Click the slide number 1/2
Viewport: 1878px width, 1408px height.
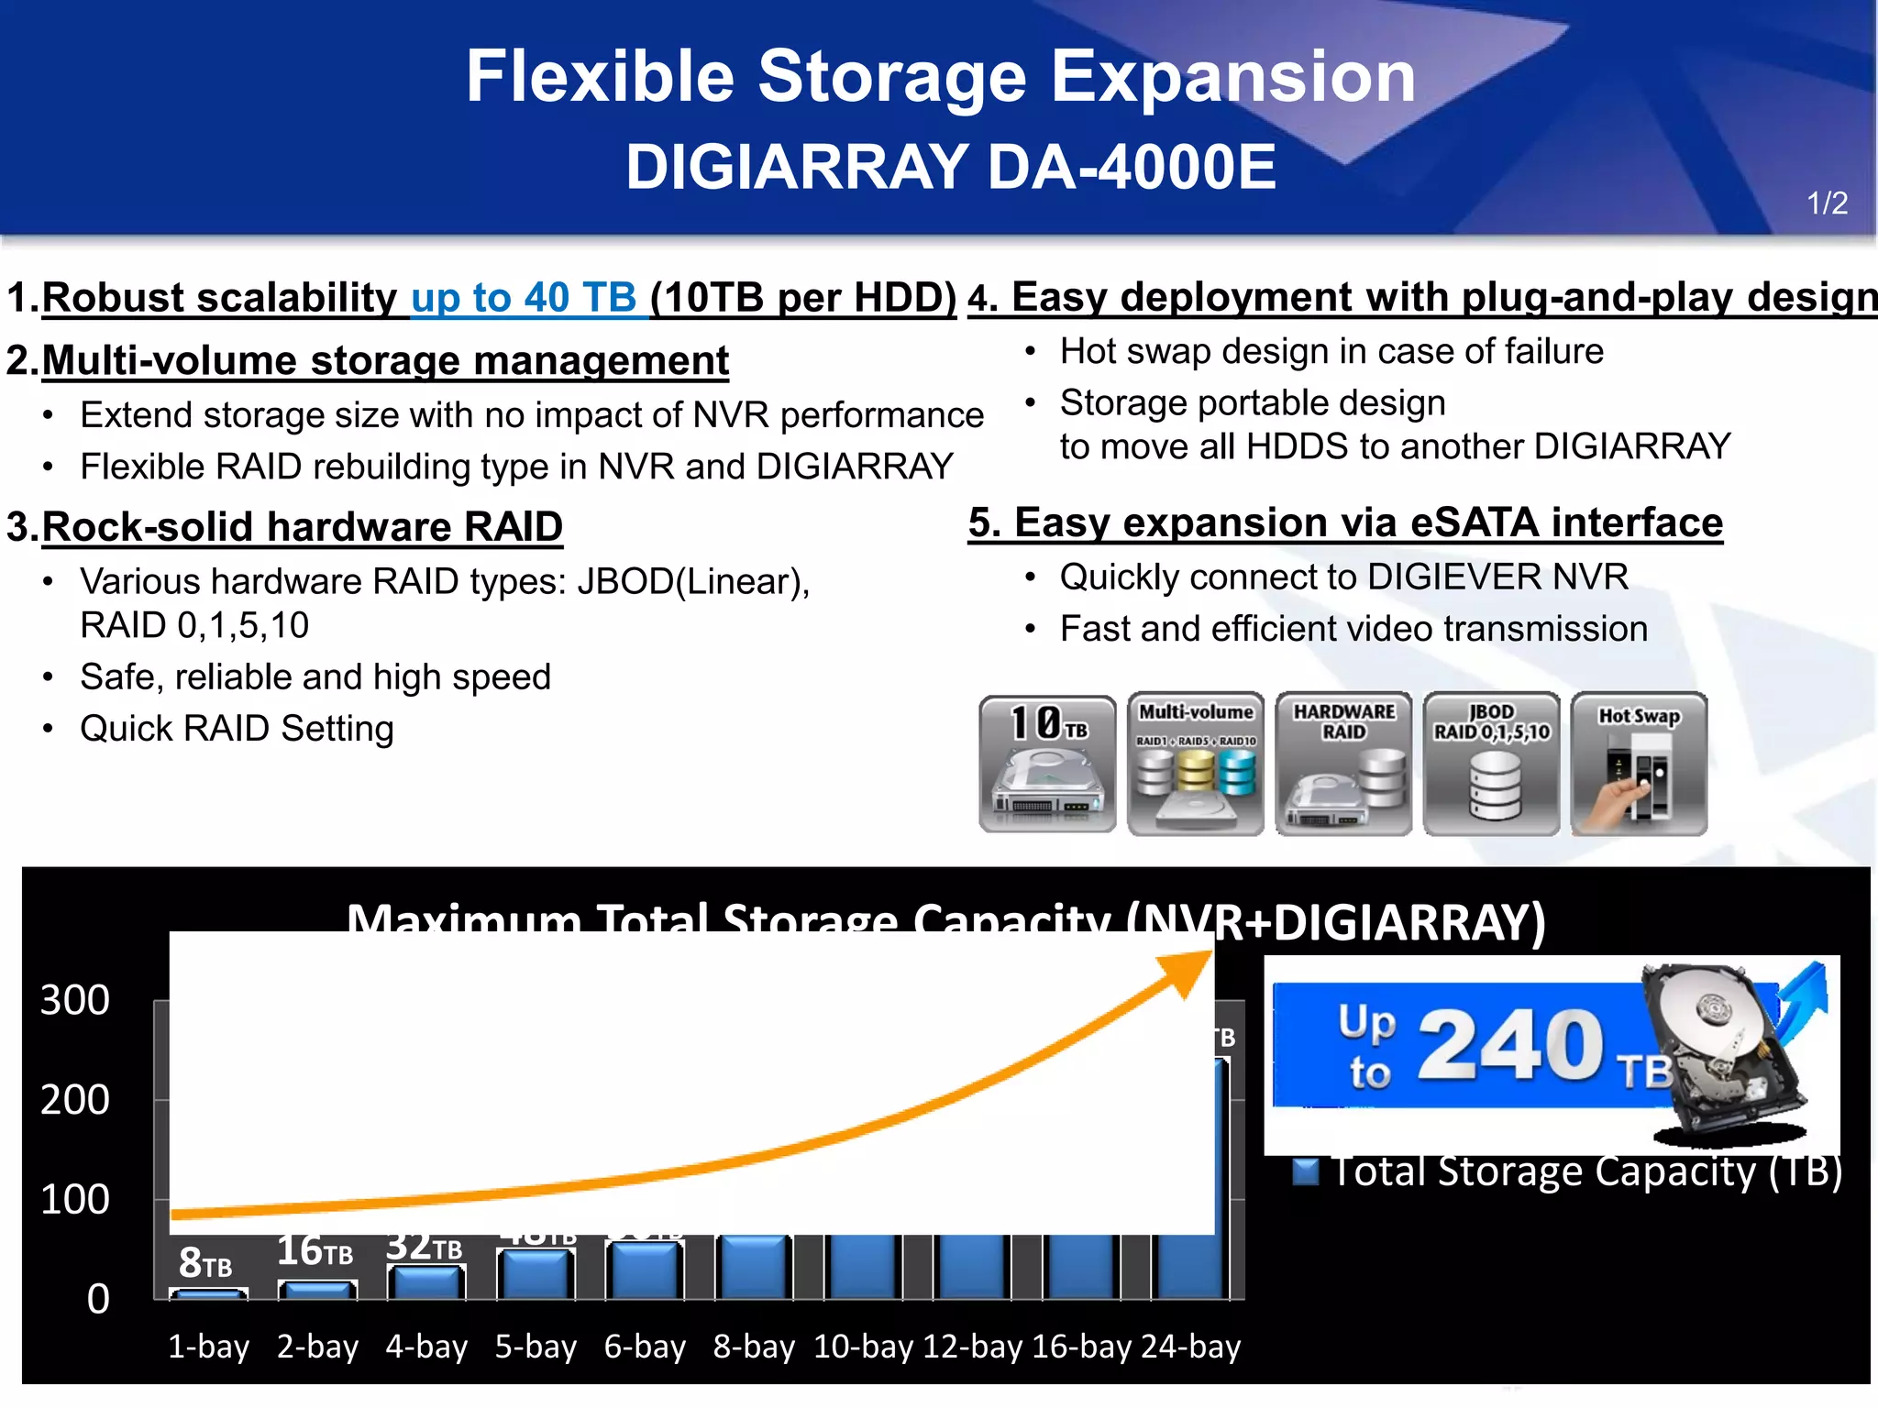coord(1827,203)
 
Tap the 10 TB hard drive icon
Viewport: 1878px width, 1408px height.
coord(1048,764)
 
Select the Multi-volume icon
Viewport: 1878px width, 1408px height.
coord(1196,764)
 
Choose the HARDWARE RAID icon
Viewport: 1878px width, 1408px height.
coord(1343,764)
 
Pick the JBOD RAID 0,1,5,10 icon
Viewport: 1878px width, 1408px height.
coord(1491,764)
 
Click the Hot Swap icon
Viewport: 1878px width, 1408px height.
coord(1639,764)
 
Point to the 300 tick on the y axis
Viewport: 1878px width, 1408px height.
coord(75,1000)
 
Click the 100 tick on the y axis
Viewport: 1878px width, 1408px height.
coord(75,1199)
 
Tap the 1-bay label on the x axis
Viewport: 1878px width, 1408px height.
coord(208,1347)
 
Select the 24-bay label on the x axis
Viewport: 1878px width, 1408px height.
coord(1190,1347)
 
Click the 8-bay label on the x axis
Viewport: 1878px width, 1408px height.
coord(754,1347)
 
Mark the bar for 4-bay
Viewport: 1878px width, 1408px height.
coord(426,1282)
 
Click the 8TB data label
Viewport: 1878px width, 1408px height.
coord(205,1263)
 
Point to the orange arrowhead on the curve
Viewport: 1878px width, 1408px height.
coord(1189,972)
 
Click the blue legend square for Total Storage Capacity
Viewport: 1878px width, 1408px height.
coord(1305,1172)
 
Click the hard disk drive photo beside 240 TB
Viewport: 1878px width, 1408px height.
coord(1724,1054)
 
